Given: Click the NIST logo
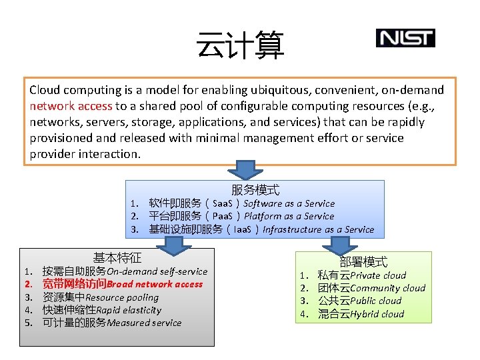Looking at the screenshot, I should [x=405, y=38].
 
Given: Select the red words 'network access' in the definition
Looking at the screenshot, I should [x=71, y=106].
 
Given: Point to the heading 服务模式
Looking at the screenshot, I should [x=255, y=190].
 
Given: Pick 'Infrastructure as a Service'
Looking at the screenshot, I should [x=318, y=229].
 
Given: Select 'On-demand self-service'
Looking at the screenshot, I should [x=157, y=271].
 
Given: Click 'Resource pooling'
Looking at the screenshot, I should [x=122, y=297].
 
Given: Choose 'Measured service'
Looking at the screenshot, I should [x=144, y=323].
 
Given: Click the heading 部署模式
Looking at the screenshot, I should [x=363, y=262].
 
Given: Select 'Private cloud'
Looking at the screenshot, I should [x=378, y=275].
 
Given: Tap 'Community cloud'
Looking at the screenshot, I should [x=387, y=288].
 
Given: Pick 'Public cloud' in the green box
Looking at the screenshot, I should [x=376, y=301].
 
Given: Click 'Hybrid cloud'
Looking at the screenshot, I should [x=377, y=314].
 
